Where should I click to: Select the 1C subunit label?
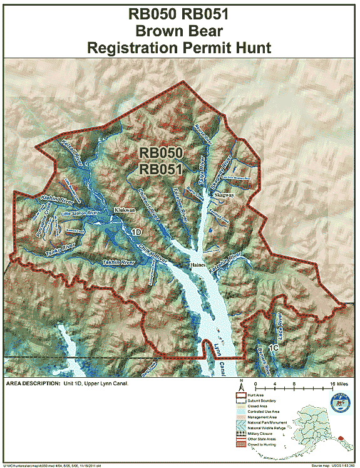click(x=273, y=346)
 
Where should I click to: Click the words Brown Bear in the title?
click(x=180, y=29)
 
